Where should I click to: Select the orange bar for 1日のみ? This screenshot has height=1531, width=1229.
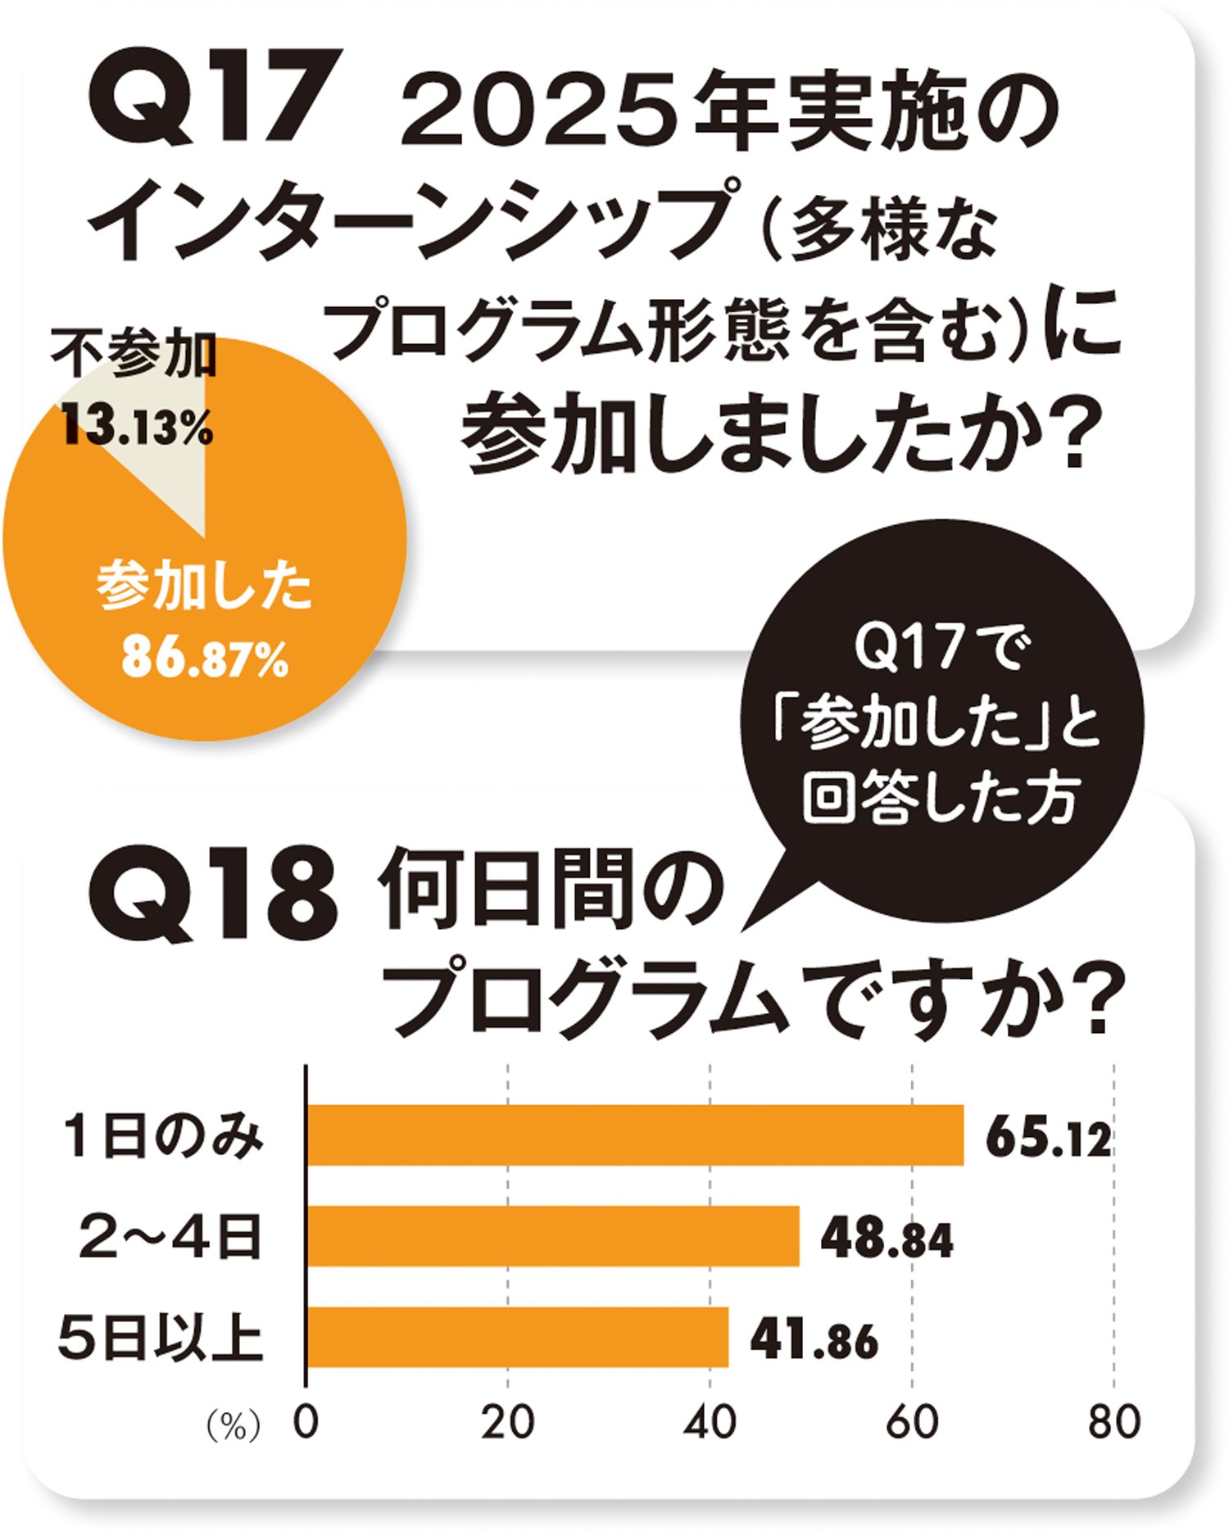635,1135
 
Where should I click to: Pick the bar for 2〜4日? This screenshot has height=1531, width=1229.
553,1235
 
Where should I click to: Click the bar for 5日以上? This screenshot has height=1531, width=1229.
518,1337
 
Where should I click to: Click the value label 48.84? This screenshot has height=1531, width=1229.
887,1239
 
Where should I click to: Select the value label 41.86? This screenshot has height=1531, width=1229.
814,1341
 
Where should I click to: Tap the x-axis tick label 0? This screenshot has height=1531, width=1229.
305,1423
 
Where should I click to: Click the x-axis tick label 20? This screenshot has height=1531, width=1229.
507,1423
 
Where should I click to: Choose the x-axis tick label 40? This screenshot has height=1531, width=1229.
710,1423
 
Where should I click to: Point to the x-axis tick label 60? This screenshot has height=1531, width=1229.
911,1423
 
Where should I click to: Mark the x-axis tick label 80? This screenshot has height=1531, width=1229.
1113,1423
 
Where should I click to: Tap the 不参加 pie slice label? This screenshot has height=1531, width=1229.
134,355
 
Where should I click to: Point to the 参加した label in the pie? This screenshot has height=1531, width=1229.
204,587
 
